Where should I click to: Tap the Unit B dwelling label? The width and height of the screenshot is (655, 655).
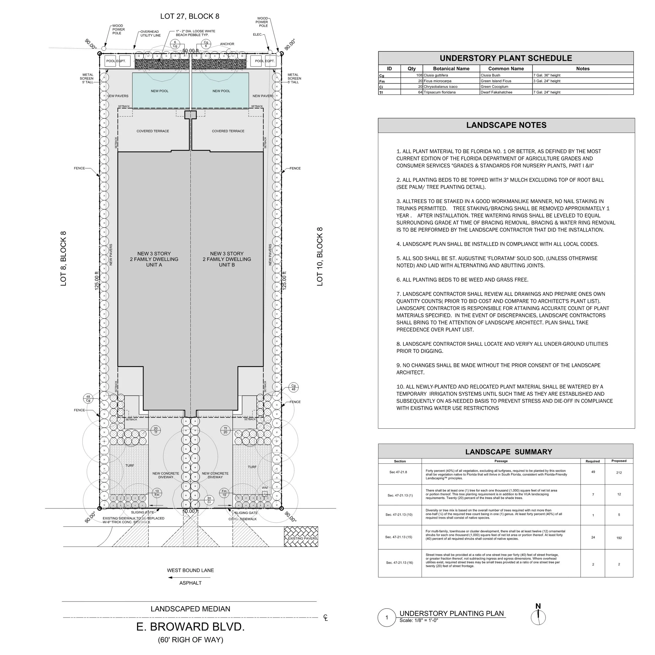227,259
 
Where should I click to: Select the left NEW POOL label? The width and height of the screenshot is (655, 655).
159,91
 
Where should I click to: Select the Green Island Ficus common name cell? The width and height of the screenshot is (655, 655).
496,81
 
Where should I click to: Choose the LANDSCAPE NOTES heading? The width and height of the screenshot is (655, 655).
506,125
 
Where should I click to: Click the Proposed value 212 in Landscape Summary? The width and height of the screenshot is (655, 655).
619,473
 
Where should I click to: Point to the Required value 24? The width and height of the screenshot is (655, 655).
593,537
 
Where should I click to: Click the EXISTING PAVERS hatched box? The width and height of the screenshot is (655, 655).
301,537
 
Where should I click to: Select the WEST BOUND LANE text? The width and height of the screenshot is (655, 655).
190,571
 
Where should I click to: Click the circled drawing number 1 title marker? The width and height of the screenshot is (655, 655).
386,618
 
